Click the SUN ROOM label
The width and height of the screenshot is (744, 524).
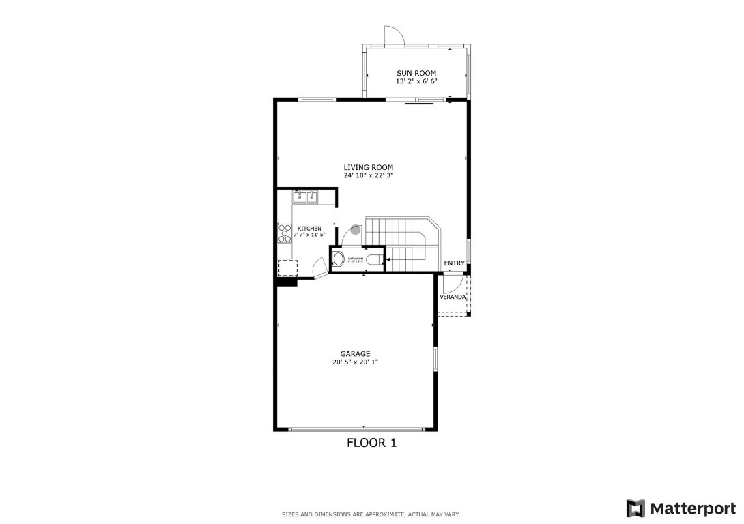tap(416, 73)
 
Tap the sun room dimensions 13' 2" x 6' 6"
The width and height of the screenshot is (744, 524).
tap(416, 81)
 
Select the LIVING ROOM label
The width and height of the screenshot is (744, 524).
tap(369, 167)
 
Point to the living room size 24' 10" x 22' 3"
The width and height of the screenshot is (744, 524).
tap(369, 175)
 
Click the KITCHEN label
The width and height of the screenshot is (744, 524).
tap(309, 229)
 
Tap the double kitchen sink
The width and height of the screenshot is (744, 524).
tap(306, 197)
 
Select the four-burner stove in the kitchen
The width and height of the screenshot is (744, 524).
tap(284, 234)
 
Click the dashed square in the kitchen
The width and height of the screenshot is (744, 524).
tap(287, 267)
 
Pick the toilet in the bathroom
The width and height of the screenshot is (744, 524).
tap(373, 259)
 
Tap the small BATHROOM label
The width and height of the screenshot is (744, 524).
tap(356, 259)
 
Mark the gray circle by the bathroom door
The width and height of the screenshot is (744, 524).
tap(355, 230)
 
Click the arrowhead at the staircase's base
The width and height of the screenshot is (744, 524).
tap(388, 260)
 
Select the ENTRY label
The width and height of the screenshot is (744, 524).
tap(455, 263)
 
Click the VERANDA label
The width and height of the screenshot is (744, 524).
tap(453, 297)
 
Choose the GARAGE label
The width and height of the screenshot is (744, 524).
tap(355, 353)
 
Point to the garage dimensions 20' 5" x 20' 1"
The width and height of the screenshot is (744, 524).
tap(355, 362)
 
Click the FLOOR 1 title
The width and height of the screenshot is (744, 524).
tap(372, 443)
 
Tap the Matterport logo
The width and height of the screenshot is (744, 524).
tap(681, 508)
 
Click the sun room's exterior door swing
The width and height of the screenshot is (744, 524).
tap(395, 35)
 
